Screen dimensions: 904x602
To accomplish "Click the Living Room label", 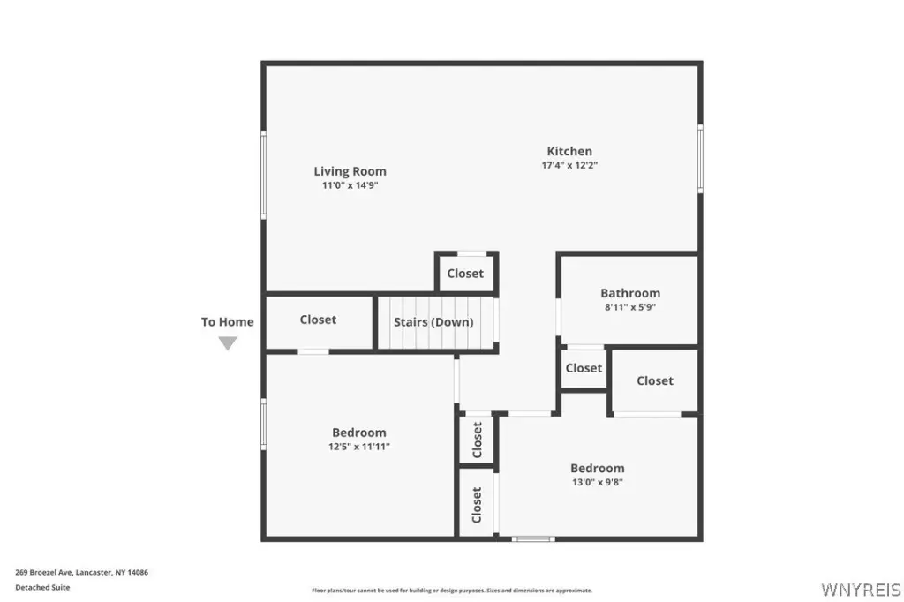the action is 350,171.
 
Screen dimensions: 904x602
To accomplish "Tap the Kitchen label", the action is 569,151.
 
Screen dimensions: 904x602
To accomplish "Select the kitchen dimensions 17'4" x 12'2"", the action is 569,165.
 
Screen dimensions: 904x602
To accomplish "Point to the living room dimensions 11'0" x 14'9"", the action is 350,185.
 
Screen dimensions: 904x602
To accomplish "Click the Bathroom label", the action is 630,293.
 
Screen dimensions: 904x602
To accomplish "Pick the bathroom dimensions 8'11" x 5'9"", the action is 630,307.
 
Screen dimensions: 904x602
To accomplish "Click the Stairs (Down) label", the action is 433,322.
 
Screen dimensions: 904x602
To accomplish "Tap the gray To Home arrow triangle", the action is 228,343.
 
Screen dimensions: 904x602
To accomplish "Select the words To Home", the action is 227,322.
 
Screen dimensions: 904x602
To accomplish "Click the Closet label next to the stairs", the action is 318,320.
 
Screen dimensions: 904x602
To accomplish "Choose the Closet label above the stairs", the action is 465,274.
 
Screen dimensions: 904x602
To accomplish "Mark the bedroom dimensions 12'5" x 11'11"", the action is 359,447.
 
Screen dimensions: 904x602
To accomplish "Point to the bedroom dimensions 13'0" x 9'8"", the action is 598,483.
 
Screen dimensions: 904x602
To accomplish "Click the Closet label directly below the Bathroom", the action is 584,368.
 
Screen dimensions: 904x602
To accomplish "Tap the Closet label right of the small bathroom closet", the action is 655,380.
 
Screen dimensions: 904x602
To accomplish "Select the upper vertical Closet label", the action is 477,440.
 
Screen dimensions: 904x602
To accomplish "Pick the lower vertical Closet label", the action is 476,505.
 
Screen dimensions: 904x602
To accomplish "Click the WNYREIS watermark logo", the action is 861,590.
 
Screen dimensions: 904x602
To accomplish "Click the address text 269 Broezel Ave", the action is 43,573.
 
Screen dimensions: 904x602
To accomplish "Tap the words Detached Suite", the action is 42,588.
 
